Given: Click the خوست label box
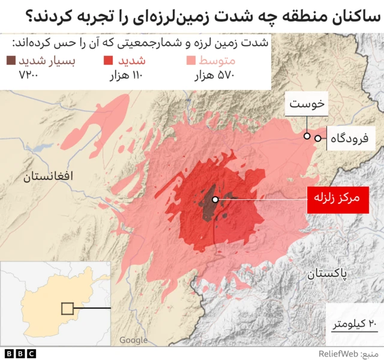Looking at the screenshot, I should point(307,104).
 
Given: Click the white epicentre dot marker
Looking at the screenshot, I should point(215,199).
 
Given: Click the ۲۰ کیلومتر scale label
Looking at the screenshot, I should point(355,324).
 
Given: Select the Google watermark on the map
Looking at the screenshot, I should point(133,340).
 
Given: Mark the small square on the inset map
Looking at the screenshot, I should point(68,308).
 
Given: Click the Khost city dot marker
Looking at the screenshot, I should point(307,136).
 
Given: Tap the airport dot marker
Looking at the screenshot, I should point(317,139).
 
